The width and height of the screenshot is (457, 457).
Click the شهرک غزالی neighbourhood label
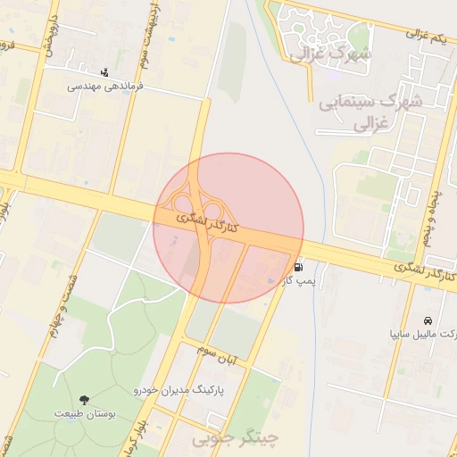(x=329, y=55)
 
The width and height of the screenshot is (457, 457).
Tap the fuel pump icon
(x=297, y=266)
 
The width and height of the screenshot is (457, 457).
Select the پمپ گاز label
(x=300, y=282)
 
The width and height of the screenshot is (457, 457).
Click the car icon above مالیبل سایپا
(x=428, y=320)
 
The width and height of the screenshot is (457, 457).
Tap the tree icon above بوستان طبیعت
(x=85, y=399)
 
